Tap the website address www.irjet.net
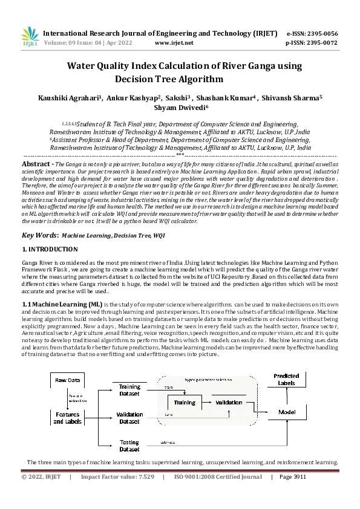[x=174, y=44]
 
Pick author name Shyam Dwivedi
[x=180, y=107]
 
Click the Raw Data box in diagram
[x=67, y=380]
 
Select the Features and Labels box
[x=67, y=418]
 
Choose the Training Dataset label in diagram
[x=129, y=389]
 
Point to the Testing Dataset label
[x=129, y=445]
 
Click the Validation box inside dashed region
[x=229, y=402]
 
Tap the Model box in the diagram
[x=286, y=411]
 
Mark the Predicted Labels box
[x=286, y=379]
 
